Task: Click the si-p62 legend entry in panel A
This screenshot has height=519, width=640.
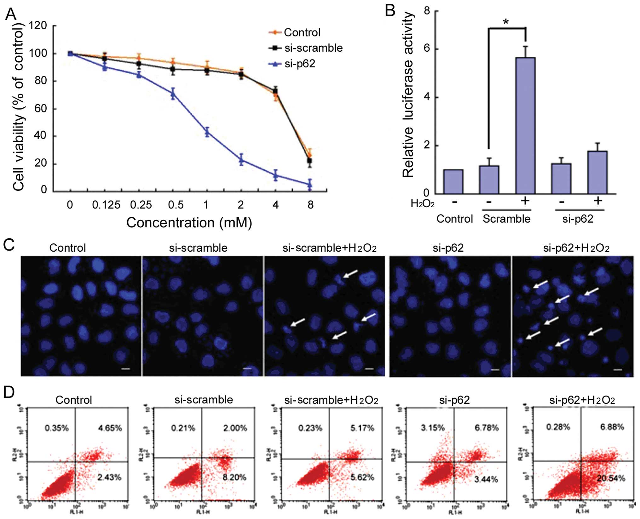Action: [299, 64]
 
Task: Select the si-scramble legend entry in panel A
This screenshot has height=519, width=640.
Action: [313, 48]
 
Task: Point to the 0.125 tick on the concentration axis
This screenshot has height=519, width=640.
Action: [106, 205]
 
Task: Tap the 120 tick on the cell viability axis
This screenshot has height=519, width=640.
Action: [38, 26]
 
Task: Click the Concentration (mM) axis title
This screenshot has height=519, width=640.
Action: [189, 223]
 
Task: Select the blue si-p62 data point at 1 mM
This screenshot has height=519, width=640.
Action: [207, 132]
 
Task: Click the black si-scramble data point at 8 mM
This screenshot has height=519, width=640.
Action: [310, 161]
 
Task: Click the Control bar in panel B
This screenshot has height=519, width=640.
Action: [453, 181]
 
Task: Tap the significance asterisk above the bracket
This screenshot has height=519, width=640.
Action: [506, 22]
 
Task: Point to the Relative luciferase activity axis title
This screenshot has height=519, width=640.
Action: [408, 94]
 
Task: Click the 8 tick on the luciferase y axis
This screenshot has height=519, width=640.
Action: [427, 11]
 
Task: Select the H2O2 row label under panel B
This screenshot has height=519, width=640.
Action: [422, 204]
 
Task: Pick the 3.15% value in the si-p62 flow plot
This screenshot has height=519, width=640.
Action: [433, 428]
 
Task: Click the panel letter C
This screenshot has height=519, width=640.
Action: [9, 245]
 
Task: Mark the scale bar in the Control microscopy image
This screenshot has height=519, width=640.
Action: [126, 369]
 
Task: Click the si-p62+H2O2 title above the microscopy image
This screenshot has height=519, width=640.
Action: [576, 248]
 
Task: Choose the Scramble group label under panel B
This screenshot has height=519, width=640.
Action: [506, 219]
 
